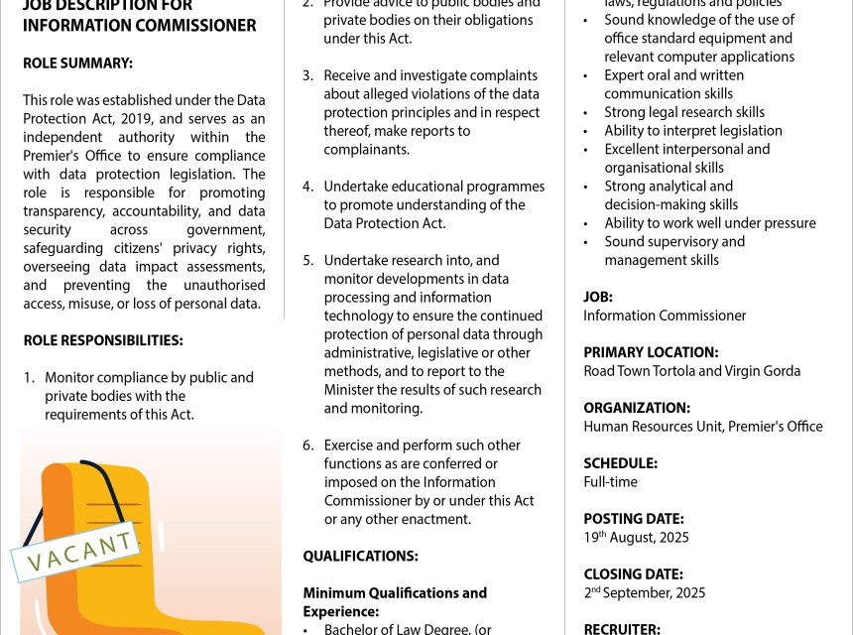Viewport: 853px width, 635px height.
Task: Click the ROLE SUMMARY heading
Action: click(x=77, y=63)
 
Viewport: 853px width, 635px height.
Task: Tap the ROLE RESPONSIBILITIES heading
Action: click(x=103, y=340)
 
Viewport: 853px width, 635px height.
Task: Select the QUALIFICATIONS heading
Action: click(x=360, y=557)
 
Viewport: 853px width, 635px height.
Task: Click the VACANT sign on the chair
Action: click(x=73, y=553)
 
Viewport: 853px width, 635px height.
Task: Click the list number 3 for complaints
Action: click(x=308, y=75)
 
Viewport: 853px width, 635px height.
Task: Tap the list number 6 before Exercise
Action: click(x=308, y=445)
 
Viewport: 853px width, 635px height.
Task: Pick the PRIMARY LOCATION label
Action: click(x=651, y=352)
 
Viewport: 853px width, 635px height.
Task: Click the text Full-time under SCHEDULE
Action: click(x=610, y=482)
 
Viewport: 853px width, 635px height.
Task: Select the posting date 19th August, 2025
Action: click(x=636, y=538)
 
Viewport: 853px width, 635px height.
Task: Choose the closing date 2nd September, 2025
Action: click(x=644, y=593)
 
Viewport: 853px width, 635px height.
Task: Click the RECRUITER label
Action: click(x=622, y=628)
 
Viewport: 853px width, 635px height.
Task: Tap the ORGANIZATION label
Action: click(x=637, y=408)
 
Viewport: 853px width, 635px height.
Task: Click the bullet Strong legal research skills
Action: click(x=684, y=112)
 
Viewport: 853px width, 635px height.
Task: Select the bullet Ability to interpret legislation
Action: click(x=693, y=131)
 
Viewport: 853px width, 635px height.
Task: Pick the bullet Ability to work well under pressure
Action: click(x=710, y=223)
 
